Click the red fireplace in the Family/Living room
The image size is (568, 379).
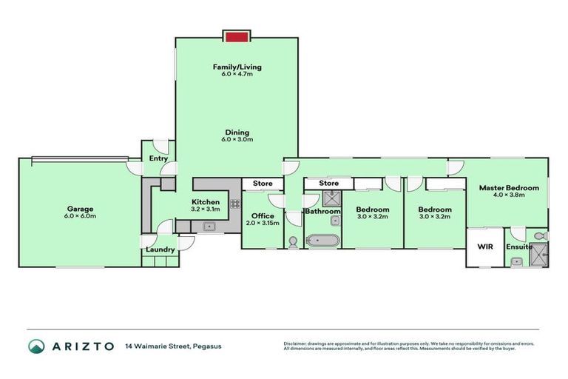tap(237, 37)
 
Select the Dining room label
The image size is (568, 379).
tap(237, 133)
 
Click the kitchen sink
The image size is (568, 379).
tap(207, 227)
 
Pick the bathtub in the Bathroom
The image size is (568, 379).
tap(323, 241)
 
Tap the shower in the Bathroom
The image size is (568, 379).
tap(331, 198)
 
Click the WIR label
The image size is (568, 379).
tap(485, 246)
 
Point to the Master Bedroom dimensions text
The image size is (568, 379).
tap(509, 196)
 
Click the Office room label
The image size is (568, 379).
tap(263, 216)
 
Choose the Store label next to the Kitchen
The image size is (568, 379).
tap(263, 183)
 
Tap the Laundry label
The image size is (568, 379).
tap(160, 249)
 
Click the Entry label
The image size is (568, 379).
tap(158, 158)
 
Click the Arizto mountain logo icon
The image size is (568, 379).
tap(36, 346)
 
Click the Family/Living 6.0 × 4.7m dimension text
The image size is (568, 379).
tap(237, 75)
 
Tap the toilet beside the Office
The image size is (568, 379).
tap(293, 241)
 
